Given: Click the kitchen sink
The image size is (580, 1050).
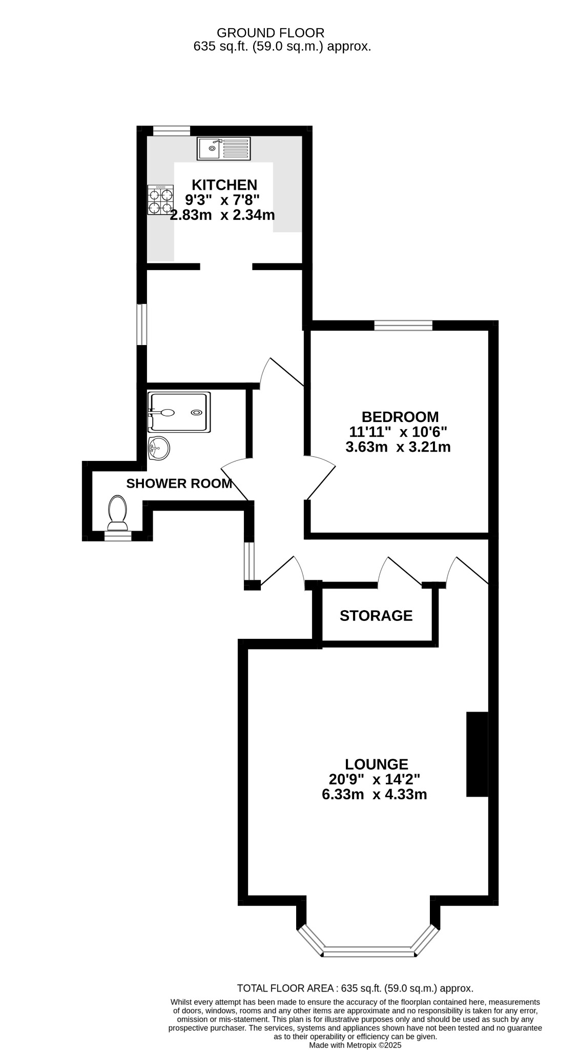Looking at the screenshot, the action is [x=224, y=148].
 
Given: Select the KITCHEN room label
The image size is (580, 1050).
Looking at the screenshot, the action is [x=224, y=185].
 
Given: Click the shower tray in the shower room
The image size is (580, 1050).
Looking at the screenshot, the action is [x=179, y=412].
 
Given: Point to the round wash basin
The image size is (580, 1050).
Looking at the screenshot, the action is [x=159, y=449].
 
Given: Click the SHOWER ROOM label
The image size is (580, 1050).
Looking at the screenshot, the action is [x=179, y=483].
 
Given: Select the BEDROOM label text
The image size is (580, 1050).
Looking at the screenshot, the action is [x=400, y=417].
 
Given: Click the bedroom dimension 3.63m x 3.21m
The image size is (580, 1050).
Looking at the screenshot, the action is [x=398, y=447].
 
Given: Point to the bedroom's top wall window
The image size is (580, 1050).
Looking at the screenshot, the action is [x=403, y=326].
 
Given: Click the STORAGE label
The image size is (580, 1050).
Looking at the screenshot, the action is [x=376, y=615].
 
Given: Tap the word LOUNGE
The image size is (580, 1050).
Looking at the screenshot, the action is [x=377, y=764].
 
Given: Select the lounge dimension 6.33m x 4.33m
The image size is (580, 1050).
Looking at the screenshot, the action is [x=375, y=795].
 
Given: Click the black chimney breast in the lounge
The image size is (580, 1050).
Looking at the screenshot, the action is [x=477, y=754].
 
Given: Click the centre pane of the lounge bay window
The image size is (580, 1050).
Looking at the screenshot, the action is [x=368, y=952].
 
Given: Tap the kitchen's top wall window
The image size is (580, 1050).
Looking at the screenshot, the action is [x=172, y=131].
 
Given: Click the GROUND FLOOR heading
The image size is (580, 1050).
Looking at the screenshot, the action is [x=271, y=33].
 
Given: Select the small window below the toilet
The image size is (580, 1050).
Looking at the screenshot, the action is [x=118, y=536].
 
